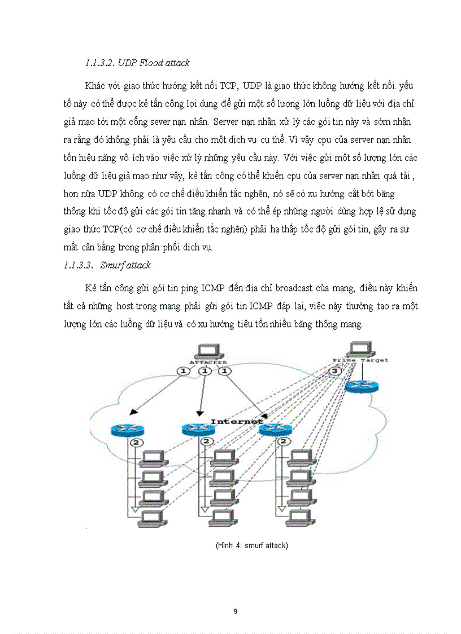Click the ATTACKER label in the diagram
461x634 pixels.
point(208,362)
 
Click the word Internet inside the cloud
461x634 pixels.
point(237,421)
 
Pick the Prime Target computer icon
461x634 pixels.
point(360,348)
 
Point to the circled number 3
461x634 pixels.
point(334,371)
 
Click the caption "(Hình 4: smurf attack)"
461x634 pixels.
point(251,546)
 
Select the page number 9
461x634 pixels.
point(236,611)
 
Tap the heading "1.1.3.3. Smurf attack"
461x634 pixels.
point(107,265)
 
